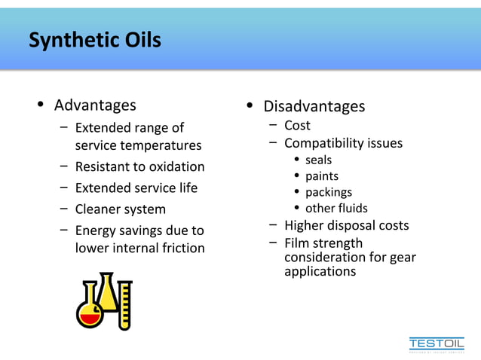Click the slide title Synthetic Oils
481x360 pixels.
95,39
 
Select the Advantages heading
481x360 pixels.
95,105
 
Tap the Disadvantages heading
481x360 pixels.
314,106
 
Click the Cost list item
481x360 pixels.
297,125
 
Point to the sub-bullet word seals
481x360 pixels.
318,160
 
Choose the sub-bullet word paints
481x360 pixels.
322,176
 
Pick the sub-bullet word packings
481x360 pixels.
329,192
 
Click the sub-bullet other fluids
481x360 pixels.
336,208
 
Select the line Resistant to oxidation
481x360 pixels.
139,166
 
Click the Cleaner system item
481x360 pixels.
120,209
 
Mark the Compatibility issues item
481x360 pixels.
343,143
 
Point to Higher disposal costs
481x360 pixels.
346,225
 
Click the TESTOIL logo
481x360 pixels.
437,343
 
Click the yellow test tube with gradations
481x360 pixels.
124,305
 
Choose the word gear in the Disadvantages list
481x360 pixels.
403,258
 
